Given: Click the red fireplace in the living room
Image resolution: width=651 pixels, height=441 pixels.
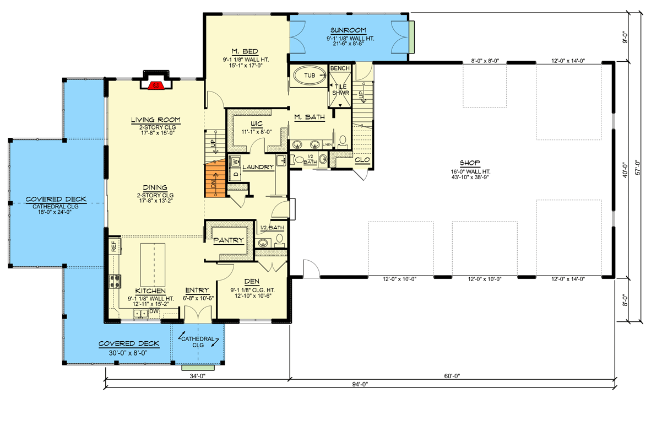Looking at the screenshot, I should [x=156, y=84].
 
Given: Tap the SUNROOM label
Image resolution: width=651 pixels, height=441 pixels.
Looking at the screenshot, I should [x=348, y=30].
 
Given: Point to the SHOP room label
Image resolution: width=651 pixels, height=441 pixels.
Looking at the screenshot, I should [x=470, y=163].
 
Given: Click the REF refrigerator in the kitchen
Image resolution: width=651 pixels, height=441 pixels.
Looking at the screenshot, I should [x=113, y=246].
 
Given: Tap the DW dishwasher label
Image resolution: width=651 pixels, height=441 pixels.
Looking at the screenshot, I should [x=155, y=312].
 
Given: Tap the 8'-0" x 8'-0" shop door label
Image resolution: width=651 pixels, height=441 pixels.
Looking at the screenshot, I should [x=485, y=61].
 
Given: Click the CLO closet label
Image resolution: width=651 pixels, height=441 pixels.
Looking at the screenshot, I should [x=362, y=160].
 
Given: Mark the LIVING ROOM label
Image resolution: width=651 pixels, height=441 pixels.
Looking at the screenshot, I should [x=156, y=120].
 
